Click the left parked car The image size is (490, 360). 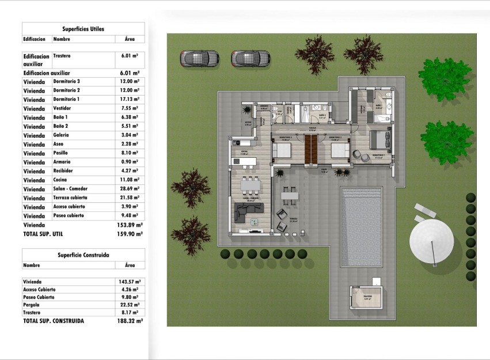[200, 58]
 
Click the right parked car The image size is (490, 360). [250, 58]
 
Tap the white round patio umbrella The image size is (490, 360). [431, 242]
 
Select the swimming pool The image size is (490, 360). [362, 226]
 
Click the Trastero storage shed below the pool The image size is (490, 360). [366, 298]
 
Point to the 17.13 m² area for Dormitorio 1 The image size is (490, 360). [130, 100]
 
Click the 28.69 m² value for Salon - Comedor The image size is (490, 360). [130, 189]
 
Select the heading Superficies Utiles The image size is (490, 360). [83, 28]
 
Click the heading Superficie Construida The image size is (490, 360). [83, 255]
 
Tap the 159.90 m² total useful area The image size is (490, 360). [130, 234]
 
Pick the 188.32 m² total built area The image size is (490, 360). [130, 321]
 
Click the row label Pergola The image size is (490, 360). [31, 305]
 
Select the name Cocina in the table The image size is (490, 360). [61, 180]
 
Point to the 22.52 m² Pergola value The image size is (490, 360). [130, 305]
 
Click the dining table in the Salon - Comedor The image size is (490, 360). [250, 185]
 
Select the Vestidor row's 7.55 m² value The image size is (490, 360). [130, 108]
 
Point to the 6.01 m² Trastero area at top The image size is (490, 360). [130, 56]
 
